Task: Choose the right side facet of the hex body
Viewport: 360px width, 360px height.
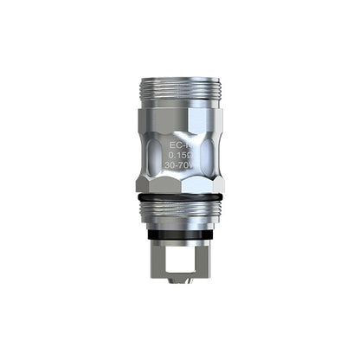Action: pos(213,160)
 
